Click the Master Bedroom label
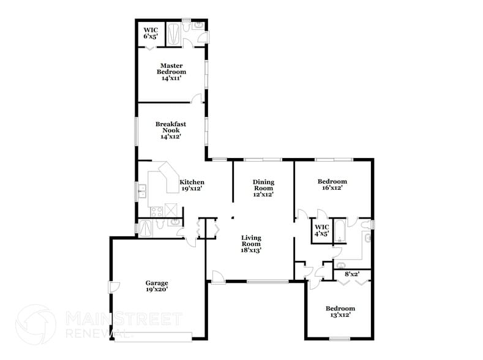tap(172, 72)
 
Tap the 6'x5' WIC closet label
tap(150, 33)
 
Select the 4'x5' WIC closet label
tap(321, 230)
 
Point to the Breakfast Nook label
tap(170, 130)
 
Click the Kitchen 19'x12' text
tap(192, 186)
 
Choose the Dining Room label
tap(263, 188)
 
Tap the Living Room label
tap(251, 243)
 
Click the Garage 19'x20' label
tap(156, 286)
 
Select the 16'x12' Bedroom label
tap(332, 184)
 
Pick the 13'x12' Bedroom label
tap(340, 312)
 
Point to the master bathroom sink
tap(199, 25)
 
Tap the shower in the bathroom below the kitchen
tap(147, 228)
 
